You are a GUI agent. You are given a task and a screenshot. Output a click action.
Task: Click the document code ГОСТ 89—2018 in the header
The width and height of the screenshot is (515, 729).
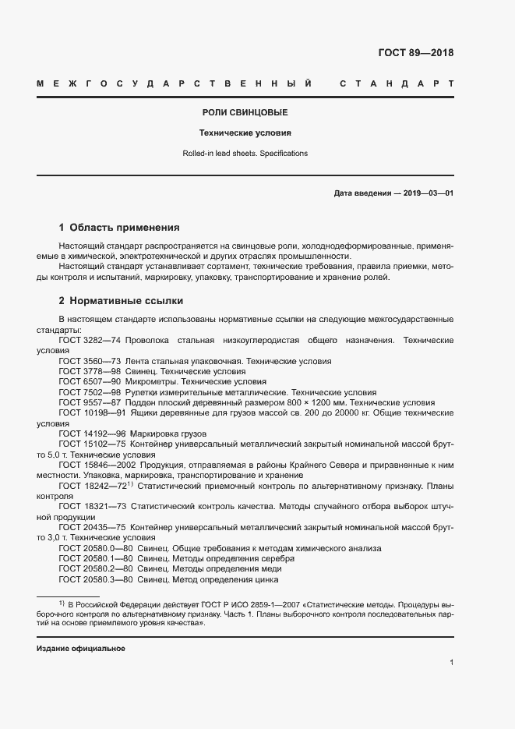pos(415,53)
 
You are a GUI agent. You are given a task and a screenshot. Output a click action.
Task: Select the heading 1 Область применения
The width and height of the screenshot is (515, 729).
pos(119,228)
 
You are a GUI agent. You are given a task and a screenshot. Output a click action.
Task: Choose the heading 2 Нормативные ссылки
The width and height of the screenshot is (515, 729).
pos(122,300)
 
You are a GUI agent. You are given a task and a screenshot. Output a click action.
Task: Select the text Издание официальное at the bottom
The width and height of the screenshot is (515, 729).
pos(81,649)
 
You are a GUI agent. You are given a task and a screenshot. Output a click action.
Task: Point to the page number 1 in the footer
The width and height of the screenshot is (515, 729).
pos(451,663)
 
